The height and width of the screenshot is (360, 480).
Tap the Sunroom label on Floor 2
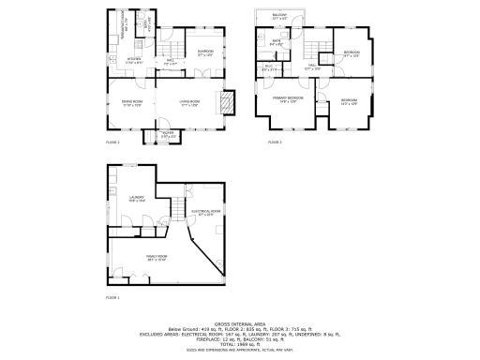(x=205, y=52)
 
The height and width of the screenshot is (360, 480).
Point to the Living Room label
(x=191, y=102)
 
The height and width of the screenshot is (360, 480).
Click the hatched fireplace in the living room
(x=225, y=102)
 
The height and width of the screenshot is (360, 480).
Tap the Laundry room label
(x=135, y=198)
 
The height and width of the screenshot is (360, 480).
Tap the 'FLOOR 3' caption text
(x=275, y=142)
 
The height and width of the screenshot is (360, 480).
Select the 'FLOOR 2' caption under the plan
(x=113, y=142)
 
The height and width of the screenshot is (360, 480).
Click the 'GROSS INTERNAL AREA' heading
(x=240, y=321)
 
